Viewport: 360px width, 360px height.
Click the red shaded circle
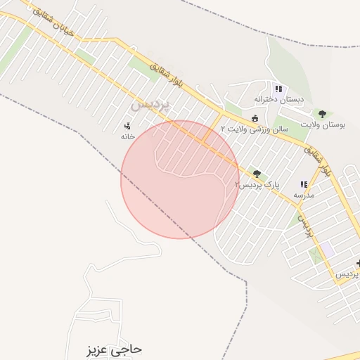click(x=179, y=180)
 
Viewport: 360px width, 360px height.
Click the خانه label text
click(x=127, y=136)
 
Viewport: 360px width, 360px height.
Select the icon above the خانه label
click(x=127, y=126)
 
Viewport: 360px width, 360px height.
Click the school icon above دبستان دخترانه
click(x=278, y=89)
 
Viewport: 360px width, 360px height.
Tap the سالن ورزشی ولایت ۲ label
click(x=255, y=129)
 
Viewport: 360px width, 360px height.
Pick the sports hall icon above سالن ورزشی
click(x=255, y=118)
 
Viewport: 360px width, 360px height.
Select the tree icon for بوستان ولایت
click(x=322, y=114)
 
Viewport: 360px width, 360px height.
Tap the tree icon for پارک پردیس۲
click(x=256, y=174)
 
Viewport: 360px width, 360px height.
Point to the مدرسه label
click(x=304, y=194)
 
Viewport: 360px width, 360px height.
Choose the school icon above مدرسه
click(x=304, y=184)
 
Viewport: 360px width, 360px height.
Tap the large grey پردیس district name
click(x=150, y=104)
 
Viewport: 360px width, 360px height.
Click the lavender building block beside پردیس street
click(x=327, y=249)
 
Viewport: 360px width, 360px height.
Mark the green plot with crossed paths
click(x=315, y=255)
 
